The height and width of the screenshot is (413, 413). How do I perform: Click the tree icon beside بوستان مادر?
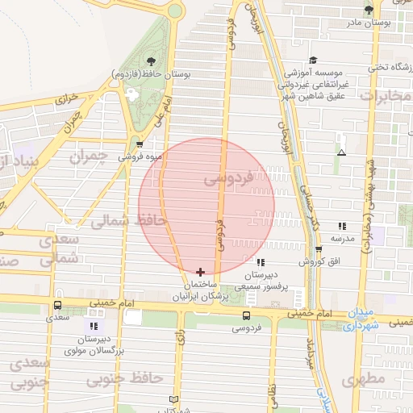pos(369,10)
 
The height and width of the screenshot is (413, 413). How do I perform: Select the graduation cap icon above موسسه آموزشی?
pos(313,60)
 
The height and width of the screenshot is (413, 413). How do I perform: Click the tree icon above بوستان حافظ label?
pos(152,60)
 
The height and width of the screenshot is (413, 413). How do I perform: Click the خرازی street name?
pos(69,100)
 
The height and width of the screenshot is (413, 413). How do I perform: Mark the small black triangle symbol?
pos(342,152)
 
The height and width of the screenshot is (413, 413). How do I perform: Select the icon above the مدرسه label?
pos(342,226)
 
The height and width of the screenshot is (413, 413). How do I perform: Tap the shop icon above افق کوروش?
pos(319,249)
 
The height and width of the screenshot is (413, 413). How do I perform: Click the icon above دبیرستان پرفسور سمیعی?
pos(260,262)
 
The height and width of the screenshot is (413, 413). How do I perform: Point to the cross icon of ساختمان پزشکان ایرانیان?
pos(200,273)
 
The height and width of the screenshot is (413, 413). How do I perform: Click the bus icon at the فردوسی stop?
pos(245,315)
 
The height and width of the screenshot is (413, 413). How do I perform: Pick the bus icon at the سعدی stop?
pos(57,306)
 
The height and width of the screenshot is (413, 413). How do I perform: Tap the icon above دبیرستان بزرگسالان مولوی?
pos(94,326)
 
